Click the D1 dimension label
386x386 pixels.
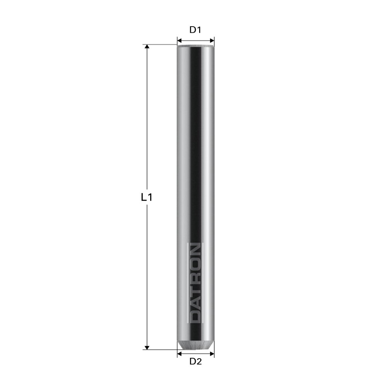click(x=196, y=30)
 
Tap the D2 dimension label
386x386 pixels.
click(x=196, y=362)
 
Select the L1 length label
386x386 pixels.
click(x=147, y=198)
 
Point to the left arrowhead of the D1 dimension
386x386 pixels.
click(x=179, y=40)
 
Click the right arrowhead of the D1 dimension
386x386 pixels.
click(x=212, y=40)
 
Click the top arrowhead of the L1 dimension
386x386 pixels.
click(x=147, y=47)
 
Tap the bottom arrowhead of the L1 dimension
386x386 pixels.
click(x=147, y=347)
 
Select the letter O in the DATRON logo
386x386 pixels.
click(x=196, y=259)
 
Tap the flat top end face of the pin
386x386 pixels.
click(x=196, y=46)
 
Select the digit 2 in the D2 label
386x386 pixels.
click(x=199, y=362)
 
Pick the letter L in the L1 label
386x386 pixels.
click(x=144, y=198)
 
